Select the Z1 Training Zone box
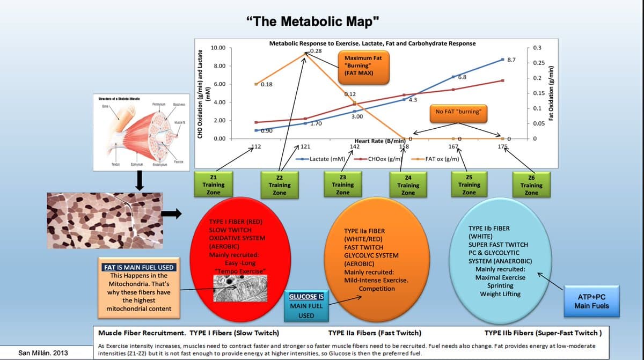[x=213, y=185]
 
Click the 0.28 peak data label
[x=316, y=50]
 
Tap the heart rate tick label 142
[x=355, y=146]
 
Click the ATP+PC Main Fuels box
[x=591, y=301]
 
